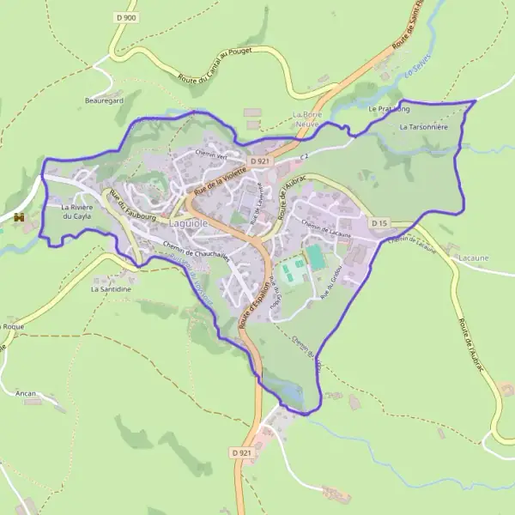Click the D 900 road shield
click(x=125, y=16)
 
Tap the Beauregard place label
click(x=104, y=100)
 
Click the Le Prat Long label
click(x=389, y=110)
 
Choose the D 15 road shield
click(x=379, y=223)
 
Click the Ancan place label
click(x=26, y=393)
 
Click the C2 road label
click(x=303, y=156)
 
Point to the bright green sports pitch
click(x=315, y=255)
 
